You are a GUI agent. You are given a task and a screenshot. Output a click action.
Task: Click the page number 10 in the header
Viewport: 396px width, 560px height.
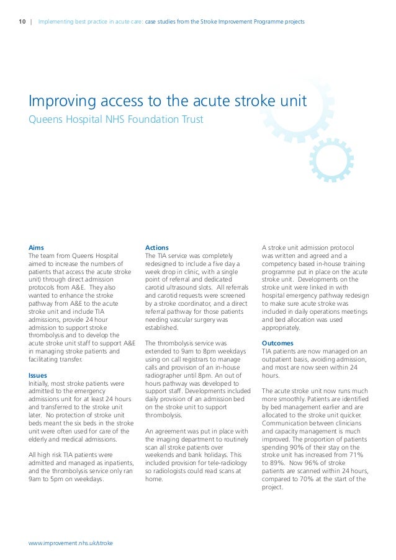pos(22,22)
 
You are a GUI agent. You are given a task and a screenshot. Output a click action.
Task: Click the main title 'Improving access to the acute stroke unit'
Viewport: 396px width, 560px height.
pos(168,101)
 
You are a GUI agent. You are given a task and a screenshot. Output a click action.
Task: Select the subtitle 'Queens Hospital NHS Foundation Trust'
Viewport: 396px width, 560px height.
pos(116,118)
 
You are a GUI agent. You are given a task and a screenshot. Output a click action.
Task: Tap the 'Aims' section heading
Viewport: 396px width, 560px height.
pos(37,247)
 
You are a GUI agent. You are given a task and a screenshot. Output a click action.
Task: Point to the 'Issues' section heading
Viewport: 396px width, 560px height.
pos(38,375)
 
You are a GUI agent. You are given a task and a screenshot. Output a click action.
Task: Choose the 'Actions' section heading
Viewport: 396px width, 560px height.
pos(156,247)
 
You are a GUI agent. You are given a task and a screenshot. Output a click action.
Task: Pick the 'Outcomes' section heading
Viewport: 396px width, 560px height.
pos(278,343)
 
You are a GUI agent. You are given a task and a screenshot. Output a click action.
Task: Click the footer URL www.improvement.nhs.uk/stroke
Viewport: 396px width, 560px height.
pos(71,543)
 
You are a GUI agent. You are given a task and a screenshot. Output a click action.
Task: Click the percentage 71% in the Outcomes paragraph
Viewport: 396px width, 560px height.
pos(356,455)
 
